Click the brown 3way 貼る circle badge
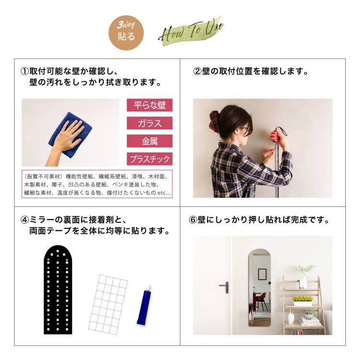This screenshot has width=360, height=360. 126,33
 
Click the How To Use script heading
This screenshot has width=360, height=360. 191,32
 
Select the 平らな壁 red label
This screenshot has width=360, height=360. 149,105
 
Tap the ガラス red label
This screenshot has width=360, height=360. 149,123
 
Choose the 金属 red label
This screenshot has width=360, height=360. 149,141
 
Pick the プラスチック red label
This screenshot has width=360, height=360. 149,159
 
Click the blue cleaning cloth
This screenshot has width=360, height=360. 70,135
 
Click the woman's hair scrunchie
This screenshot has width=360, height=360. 213,122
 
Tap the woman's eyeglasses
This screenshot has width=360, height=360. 246,129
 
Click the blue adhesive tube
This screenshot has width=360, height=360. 144,305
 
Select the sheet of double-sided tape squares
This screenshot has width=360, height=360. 108,304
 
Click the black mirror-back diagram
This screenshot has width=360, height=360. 58,289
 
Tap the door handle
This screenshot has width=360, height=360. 225,287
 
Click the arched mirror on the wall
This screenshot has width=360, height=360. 259,288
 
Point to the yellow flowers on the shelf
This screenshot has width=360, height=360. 302,299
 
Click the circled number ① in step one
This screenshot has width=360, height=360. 25,72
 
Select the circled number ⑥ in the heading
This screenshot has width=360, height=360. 193,220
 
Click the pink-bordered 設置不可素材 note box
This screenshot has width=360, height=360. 97,184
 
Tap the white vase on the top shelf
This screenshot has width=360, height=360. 304,282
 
